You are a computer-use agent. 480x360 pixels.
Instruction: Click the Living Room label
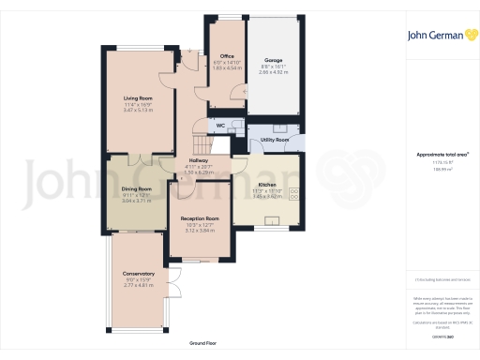tap(137, 97)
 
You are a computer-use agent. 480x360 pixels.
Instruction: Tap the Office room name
tap(227, 55)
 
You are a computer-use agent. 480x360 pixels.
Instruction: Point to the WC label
tap(218, 125)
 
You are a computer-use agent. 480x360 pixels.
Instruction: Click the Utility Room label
tap(276, 140)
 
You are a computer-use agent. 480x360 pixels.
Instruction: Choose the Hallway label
tap(198, 160)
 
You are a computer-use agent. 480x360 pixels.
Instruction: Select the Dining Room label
tap(137, 188)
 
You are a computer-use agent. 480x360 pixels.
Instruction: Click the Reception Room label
tap(200, 217)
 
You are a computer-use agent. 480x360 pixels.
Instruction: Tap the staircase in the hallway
tap(198, 142)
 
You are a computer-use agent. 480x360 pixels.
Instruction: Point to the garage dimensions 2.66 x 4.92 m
tap(273, 72)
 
